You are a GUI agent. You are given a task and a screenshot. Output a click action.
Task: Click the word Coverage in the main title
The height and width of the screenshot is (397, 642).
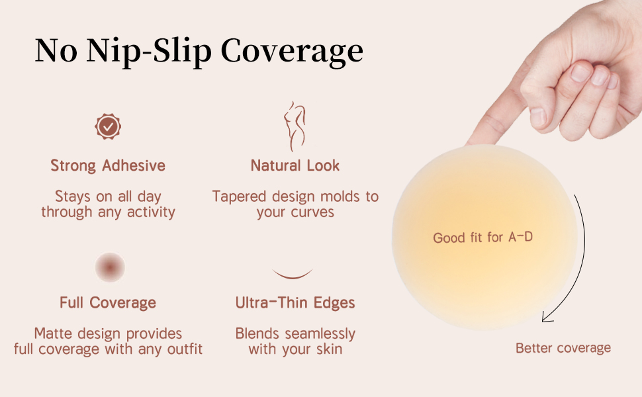pyautogui.click(x=292, y=52)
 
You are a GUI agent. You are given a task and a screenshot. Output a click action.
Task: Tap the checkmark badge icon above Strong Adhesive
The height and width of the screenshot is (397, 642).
pyautogui.click(x=108, y=126)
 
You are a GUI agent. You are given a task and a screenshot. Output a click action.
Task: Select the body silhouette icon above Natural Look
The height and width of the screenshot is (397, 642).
pyautogui.click(x=295, y=126)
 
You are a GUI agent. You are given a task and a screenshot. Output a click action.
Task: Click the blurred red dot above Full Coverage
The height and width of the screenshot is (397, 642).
pyautogui.click(x=110, y=267)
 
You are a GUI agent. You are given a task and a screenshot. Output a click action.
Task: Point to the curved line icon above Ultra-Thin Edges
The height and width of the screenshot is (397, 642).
pyautogui.click(x=293, y=275)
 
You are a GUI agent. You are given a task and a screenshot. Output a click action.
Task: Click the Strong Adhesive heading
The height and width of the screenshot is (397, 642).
pyautogui.click(x=108, y=165)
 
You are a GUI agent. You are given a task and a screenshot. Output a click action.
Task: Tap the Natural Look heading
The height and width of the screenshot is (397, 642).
pyautogui.click(x=295, y=165)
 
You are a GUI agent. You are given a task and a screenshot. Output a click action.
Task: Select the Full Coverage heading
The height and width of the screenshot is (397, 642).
pyautogui.click(x=108, y=302)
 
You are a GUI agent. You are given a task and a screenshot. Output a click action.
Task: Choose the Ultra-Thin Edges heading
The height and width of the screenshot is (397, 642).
pyautogui.click(x=295, y=302)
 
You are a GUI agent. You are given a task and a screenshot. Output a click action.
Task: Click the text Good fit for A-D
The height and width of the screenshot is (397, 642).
pyautogui.click(x=482, y=237)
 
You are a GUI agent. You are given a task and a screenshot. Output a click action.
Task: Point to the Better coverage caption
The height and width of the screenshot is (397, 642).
pyautogui.click(x=563, y=348)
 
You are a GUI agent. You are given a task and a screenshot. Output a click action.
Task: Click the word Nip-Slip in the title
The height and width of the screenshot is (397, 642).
pyautogui.click(x=149, y=52)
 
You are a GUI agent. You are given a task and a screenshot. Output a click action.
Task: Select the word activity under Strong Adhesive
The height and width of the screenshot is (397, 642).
pyautogui.click(x=151, y=212)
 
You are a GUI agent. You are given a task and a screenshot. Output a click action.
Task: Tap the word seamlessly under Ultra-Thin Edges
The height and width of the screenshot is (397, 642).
pyautogui.click(x=320, y=334)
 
